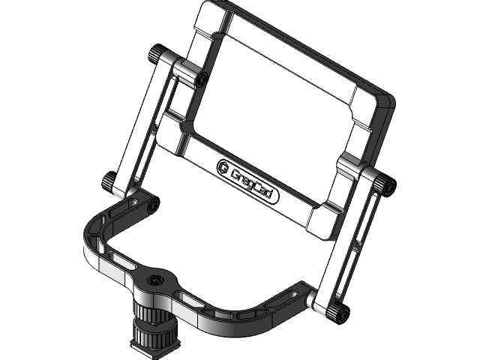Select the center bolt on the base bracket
pos(154,280)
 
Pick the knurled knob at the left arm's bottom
pos(109,181)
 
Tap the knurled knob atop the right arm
pos(386,186)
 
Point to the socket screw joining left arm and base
pos(153,205)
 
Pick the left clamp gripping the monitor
pos(184,71)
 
